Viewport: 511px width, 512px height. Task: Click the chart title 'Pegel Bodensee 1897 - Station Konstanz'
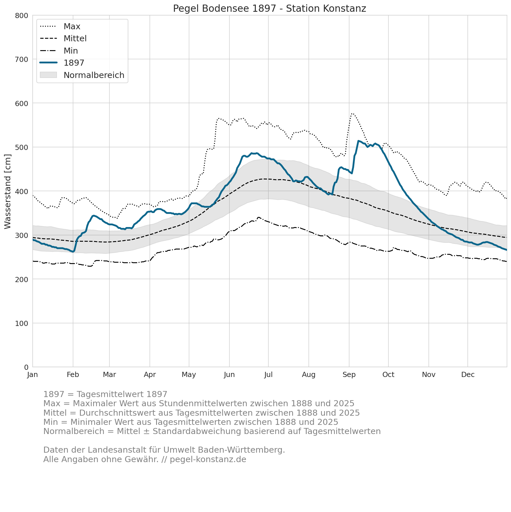click(x=270, y=9)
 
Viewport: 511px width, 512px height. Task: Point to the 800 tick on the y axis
click(x=21, y=15)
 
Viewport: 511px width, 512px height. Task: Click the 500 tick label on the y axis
click(x=21, y=147)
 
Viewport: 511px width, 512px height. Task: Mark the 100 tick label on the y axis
click(x=21, y=323)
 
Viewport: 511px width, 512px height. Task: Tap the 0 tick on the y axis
click(x=26, y=367)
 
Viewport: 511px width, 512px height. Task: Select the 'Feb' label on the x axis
click(x=73, y=375)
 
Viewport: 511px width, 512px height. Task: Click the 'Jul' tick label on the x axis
click(x=268, y=375)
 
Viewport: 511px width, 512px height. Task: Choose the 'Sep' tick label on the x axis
click(x=349, y=375)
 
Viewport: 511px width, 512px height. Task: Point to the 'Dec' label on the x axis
click(x=468, y=375)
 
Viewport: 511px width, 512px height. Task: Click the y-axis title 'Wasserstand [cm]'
click(x=8, y=191)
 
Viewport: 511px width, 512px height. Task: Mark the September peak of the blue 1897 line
click(x=358, y=141)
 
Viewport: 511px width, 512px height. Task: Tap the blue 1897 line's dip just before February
click(x=73, y=252)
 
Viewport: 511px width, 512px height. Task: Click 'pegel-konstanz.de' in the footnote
click(x=208, y=460)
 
